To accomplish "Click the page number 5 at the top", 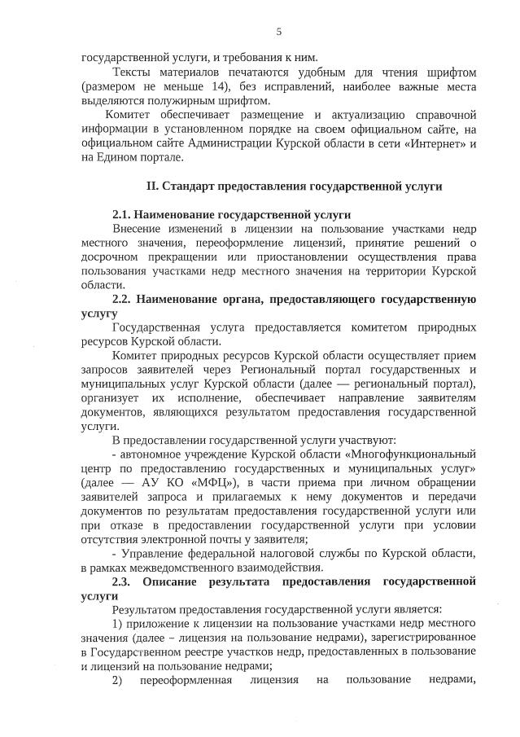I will point(278,32).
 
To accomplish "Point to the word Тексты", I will point(132,72).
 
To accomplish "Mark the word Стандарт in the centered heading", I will point(186,186).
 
